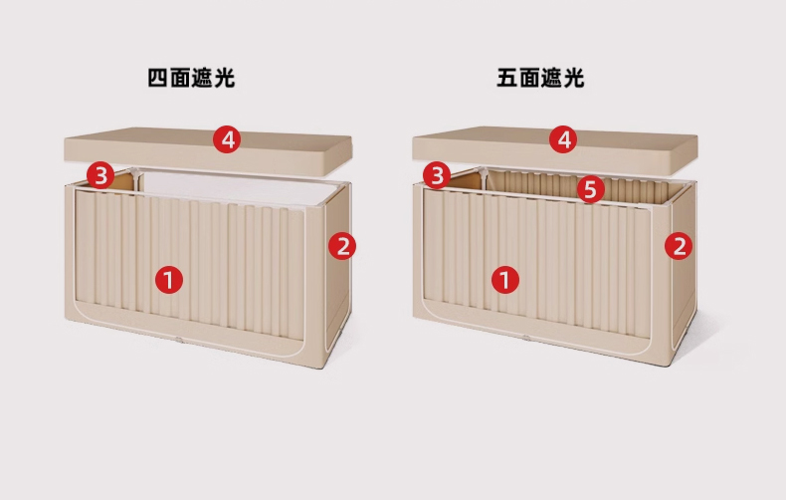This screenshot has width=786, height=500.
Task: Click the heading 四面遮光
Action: point(191,79)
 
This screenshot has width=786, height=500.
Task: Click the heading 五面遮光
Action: point(540,79)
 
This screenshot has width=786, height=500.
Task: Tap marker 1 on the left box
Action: point(169,280)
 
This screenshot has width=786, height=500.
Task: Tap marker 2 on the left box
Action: point(342,246)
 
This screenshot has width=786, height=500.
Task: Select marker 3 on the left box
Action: point(100,175)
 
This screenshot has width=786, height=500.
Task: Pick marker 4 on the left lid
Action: point(227,139)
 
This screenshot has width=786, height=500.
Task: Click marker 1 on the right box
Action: point(505,280)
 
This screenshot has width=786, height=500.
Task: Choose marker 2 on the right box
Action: point(679,246)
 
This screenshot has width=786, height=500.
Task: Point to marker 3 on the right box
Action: point(437,175)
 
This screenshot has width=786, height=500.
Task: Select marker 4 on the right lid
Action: point(563,139)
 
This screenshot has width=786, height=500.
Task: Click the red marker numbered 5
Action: point(591,189)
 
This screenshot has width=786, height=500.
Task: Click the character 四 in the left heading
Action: point(157,79)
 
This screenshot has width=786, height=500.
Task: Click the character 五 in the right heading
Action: point(506,79)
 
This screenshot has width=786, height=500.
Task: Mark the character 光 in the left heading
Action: point(225,79)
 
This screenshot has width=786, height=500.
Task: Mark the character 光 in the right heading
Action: point(574,79)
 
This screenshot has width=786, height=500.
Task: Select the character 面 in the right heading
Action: point(529,79)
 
